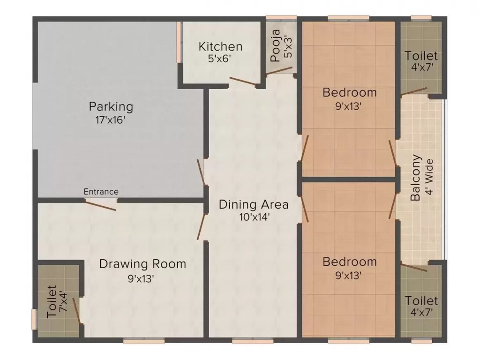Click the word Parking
[x=111, y=106]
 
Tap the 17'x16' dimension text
[x=111, y=120]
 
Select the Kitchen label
[x=220, y=47]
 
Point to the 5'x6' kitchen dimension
[x=220, y=59]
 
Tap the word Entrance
[x=101, y=192]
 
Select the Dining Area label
[x=254, y=204]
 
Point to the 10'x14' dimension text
[x=254, y=217]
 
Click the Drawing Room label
[x=142, y=264]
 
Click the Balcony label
[x=415, y=178]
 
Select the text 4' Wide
[x=428, y=178]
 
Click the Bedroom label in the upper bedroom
[x=349, y=92]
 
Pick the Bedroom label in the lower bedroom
[x=349, y=262]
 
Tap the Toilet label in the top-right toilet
[x=421, y=56]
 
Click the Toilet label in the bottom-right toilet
[x=421, y=300]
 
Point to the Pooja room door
[x=282, y=70]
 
